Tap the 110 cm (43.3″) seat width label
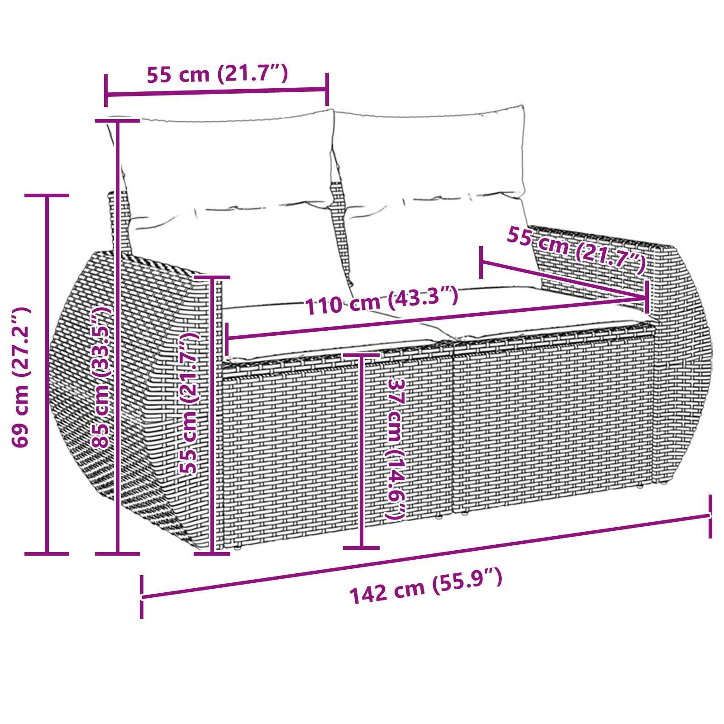pos(381,300)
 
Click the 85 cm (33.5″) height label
pos(100,377)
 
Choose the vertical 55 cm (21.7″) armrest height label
pos(188,403)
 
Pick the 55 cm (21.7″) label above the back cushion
pos(217,74)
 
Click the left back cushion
pos(226,181)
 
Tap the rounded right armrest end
pos(683,362)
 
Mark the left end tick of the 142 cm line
pos(142,596)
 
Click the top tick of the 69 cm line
pos(47,195)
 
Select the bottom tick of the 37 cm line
pos(361,548)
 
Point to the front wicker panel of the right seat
pos(552,421)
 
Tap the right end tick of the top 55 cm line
pos(327,89)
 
